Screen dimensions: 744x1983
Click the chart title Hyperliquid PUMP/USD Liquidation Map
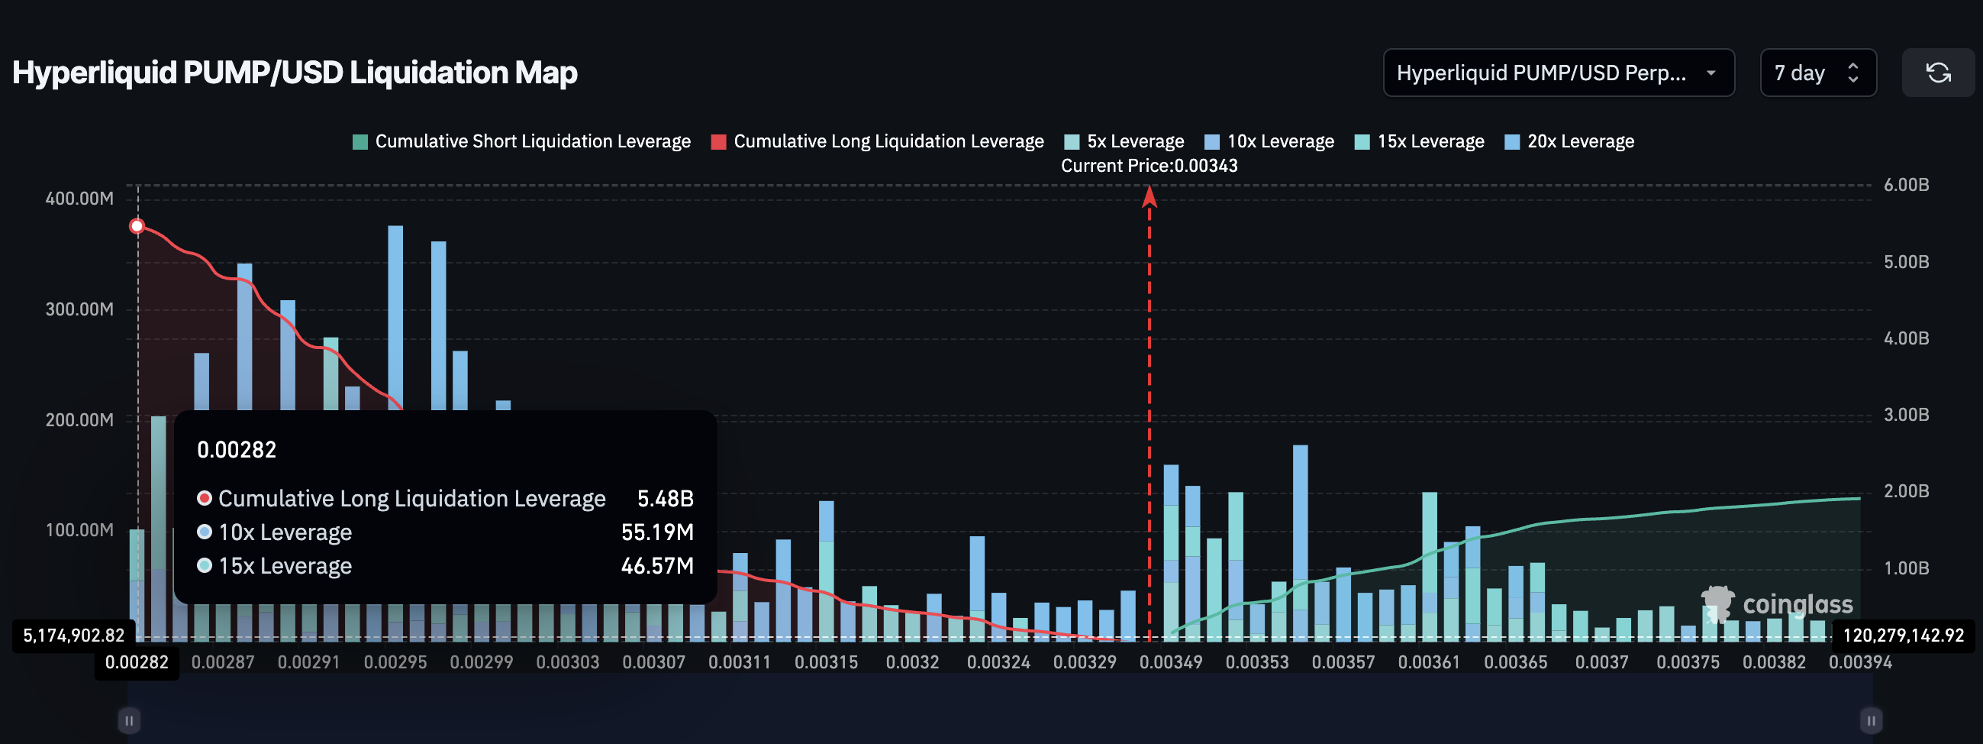pos(295,73)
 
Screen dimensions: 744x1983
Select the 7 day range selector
pos(1817,73)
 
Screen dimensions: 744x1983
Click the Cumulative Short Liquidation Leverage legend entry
pos(521,142)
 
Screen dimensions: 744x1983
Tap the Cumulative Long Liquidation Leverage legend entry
pos(877,142)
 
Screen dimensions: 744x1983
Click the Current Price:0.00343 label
pos(1149,166)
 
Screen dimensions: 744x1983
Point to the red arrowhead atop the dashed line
pos(1149,197)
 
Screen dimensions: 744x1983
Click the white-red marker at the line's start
pos(137,226)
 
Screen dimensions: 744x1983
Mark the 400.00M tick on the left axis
pos(79,199)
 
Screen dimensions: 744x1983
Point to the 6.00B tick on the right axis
pos(1905,185)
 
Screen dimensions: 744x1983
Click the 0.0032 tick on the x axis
pos(911,662)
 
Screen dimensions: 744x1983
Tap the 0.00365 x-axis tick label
pos(1515,662)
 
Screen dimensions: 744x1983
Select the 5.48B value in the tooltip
pos(664,499)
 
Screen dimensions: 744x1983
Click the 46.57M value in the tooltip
pos(656,566)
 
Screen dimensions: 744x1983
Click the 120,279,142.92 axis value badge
pos(1902,636)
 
